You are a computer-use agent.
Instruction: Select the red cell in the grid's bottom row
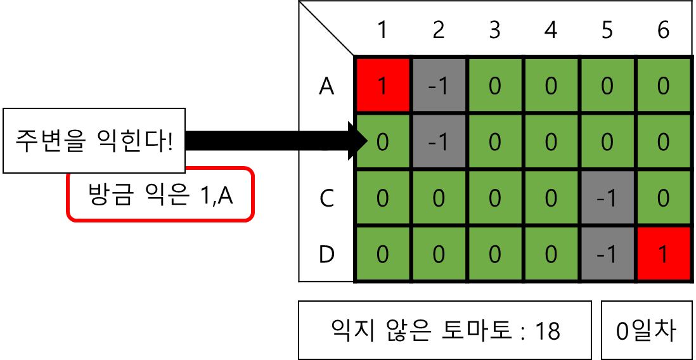[x=663, y=254]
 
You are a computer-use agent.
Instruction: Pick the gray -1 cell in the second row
[x=439, y=142]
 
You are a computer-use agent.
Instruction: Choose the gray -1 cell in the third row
[x=607, y=198]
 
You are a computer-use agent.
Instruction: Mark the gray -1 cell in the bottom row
[x=607, y=254]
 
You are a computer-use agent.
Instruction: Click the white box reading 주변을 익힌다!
[x=94, y=141]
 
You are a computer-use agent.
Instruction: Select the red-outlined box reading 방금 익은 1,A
[x=160, y=195]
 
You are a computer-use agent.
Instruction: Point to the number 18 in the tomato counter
[x=548, y=330]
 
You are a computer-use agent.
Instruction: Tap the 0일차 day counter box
[x=646, y=330]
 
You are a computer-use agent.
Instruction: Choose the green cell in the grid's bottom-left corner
[x=382, y=254]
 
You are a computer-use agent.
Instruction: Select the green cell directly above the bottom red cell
[x=663, y=198]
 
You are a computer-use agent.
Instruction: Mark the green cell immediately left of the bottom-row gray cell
[x=551, y=254]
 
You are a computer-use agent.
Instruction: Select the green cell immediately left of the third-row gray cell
[x=551, y=198]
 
